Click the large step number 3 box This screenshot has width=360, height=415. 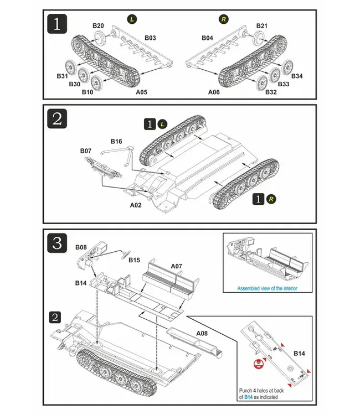point(58,242)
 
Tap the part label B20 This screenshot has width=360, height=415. point(98,26)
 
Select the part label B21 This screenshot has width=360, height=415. point(262,26)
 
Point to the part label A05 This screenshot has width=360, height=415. point(142,92)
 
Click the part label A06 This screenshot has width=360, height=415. point(215,92)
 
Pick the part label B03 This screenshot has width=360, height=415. point(150,38)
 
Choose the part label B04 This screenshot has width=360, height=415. point(207,38)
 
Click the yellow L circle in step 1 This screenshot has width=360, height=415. point(132,20)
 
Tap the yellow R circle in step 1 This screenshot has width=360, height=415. point(224,20)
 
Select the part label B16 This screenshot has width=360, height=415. point(116,142)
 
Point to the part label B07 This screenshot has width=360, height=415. point(86,151)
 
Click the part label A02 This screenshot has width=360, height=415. point(136,204)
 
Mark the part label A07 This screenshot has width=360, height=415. point(176,266)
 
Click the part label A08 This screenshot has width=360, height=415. point(202,334)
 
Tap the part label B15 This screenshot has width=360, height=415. point(135,260)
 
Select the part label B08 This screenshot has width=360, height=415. point(81,248)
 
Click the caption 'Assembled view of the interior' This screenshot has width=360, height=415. point(268,288)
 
